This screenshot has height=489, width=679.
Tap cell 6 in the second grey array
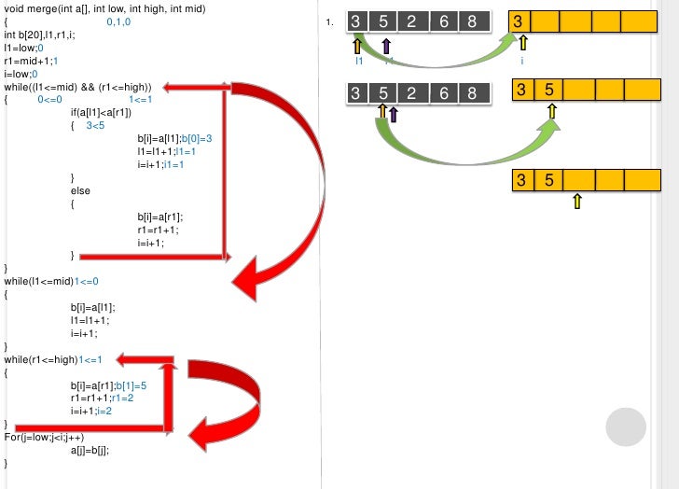click(444, 92)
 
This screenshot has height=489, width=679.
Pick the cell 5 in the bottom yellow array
click(550, 179)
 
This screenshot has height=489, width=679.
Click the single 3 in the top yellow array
click(523, 21)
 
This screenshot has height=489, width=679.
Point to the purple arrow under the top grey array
click(386, 46)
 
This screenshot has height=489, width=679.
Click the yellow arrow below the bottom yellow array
click(577, 201)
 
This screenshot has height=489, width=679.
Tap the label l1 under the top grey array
click(359, 61)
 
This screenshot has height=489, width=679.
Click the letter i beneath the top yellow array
click(522, 61)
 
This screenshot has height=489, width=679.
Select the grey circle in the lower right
click(626, 427)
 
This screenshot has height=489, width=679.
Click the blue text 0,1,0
click(118, 21)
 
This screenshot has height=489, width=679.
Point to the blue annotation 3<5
click(95, 125)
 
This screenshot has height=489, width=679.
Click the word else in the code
click(80, 190)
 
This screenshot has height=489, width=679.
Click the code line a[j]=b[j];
click(90, 450)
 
